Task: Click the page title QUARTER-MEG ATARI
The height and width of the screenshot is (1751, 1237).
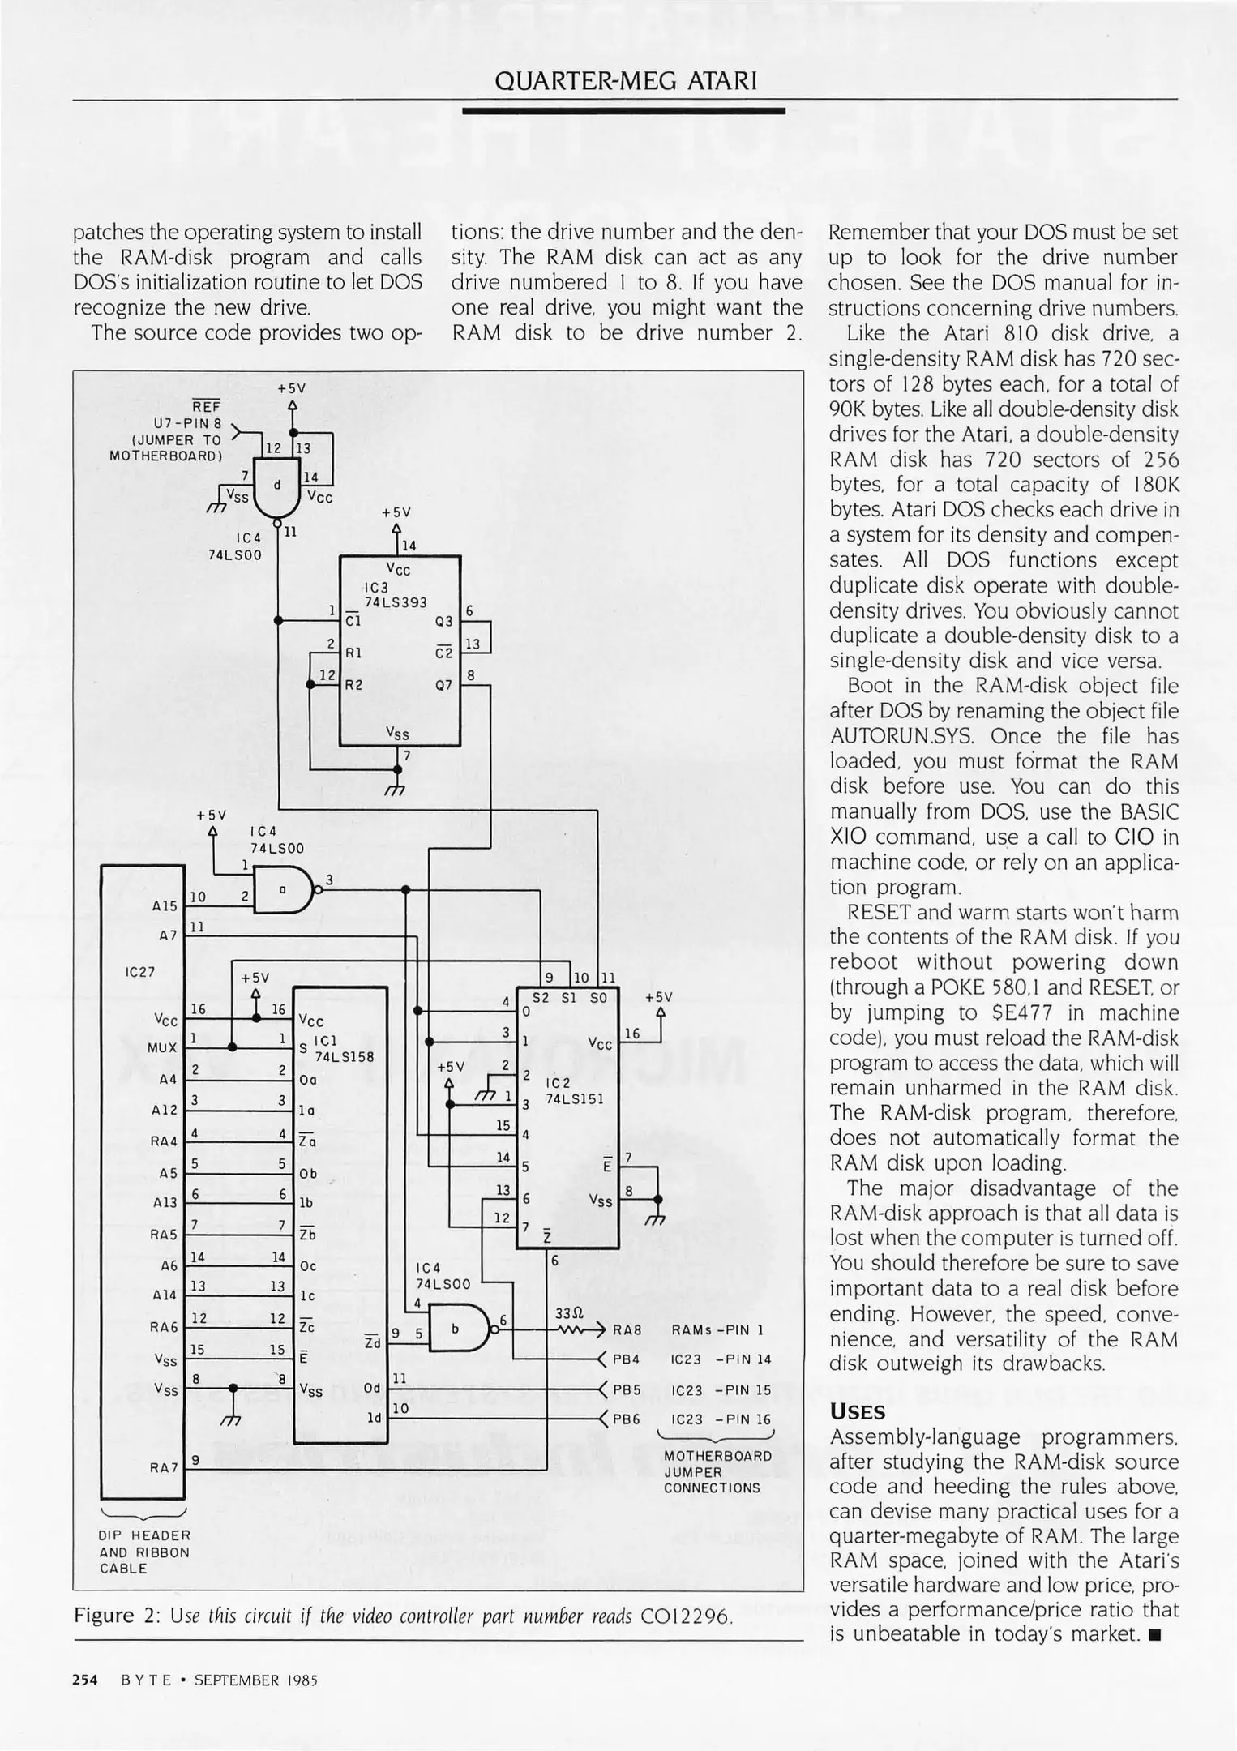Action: click(x=625, y=81)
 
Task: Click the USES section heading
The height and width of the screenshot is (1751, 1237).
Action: click(x=857, y=1412)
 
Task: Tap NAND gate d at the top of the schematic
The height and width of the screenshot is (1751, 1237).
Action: click(x=276, y=487)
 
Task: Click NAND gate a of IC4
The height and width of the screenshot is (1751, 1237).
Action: click(x=283, y=889)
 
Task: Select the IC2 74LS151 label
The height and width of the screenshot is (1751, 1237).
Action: click(x=575, y=1091)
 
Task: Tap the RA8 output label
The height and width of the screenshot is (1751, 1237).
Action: click(x=627, y=1330)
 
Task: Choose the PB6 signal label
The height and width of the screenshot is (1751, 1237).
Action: click(x=627, y=1419)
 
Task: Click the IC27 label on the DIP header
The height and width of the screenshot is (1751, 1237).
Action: click(x=140, y=971)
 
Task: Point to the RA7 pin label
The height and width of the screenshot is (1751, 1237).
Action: click(x=164, y=1468)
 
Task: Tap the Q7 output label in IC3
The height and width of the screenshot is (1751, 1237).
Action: click(x=443, y=685)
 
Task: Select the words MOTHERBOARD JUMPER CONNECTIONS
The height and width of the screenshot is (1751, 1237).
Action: click(x=717, y=1471)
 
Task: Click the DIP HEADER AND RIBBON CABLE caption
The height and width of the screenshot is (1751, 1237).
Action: click(x=145, y=1552)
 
